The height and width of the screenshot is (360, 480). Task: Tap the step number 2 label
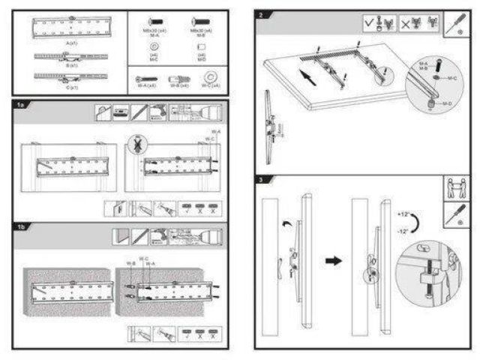coord(260,15)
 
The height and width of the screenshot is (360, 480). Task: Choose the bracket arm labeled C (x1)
coord(72,76)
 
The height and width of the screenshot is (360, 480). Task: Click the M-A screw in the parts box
coord(154,21)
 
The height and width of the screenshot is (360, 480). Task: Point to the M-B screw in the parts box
coord(197,21)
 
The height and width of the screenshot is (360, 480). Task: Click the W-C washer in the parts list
coord(210,77)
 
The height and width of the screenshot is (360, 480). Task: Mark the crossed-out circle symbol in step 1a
coord(136,142)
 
